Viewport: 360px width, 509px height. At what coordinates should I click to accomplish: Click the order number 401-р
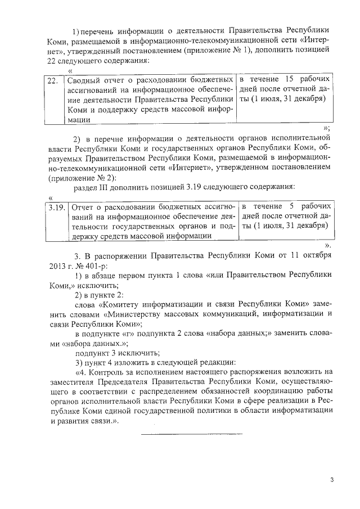click(x=94, y=265)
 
